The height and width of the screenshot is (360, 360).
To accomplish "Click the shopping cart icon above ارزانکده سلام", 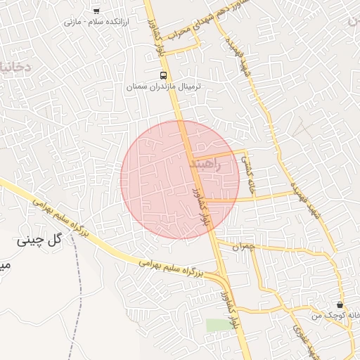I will (x=96, y=11).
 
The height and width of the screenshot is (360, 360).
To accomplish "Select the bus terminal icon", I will (x=163, y=75).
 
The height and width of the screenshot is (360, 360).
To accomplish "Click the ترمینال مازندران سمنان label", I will (x=158, y=87).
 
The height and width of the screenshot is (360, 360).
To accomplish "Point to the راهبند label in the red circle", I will (x=205, y=165).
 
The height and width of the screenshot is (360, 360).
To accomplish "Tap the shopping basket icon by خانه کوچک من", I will (x=340, y=305).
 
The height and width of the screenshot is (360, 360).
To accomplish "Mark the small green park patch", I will (x=216, y=324).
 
